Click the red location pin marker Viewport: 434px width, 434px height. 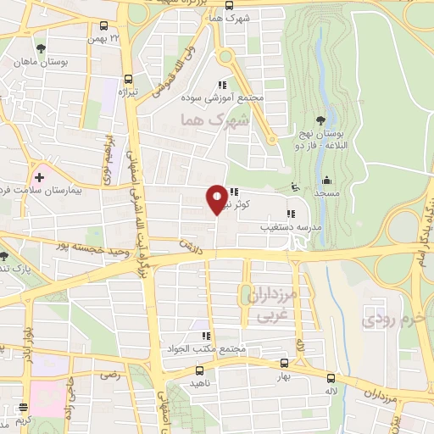217,199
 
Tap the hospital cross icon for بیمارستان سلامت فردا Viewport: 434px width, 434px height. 39,177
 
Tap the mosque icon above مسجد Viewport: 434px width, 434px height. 326,180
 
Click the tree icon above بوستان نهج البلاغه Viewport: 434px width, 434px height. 320,120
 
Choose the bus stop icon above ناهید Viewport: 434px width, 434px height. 200,370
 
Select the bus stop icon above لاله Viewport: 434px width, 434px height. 331,379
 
